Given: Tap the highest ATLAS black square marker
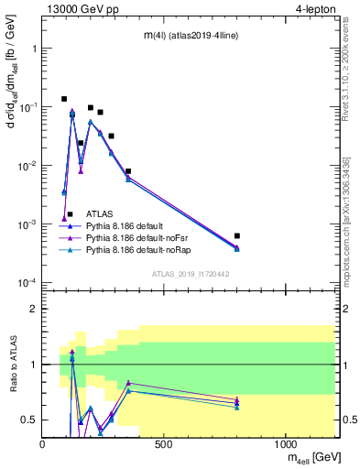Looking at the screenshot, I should tap(64, 99).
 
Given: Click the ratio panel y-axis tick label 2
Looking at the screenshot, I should tap(33, 309).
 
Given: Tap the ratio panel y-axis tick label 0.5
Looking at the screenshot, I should tap(29, 420).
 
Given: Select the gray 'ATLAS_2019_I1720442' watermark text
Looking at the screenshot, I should tap(191, 274).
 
